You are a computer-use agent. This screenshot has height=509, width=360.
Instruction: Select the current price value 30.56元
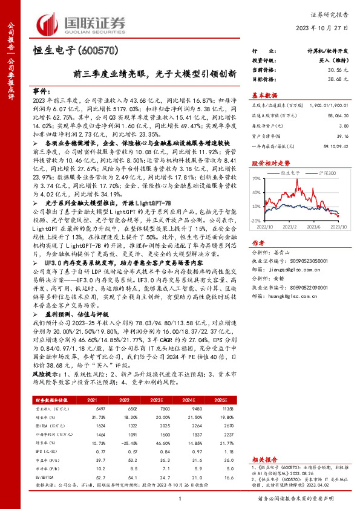[337, 71]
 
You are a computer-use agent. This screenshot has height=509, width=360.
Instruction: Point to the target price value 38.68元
[337, 80]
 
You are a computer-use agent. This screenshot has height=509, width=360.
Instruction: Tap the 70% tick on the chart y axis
[256, 179]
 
